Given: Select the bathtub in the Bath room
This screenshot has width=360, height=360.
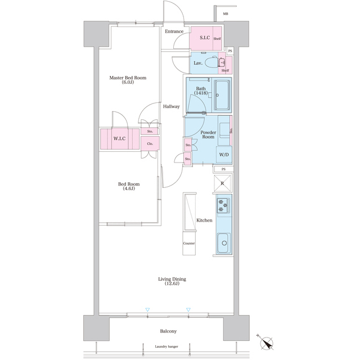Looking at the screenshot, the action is (x=222, y=95).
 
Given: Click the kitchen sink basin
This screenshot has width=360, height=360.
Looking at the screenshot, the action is (x=224, y=243).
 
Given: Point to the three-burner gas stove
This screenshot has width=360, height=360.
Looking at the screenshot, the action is (x=223, y=205).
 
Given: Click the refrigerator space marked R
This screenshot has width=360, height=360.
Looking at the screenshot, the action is (x=222, y=183).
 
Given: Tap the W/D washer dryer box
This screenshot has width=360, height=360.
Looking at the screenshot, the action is (x=224, y=155).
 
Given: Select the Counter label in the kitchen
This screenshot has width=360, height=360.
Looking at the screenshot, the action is (x=189, y=244).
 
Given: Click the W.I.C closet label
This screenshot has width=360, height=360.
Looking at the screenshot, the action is (x=119, y=139).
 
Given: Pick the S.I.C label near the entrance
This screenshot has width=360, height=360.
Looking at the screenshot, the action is (x=205, y=38).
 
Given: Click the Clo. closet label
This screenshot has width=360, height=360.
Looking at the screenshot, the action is (x=150, y=144).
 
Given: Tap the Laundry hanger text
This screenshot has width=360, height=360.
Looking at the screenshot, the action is (x=166, y=346).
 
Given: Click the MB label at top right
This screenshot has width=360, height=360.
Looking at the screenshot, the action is (x=226, y=13).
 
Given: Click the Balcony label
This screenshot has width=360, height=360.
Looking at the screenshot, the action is (x=168, y=331).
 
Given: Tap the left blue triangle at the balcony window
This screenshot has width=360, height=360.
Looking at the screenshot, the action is (x=147, y=310).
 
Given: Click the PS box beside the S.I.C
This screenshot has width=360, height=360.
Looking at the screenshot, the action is (x=230, y=51).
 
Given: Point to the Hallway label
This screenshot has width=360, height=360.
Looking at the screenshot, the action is (x=171, y=106).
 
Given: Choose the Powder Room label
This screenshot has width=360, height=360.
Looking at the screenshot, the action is (x=208, y=134).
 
